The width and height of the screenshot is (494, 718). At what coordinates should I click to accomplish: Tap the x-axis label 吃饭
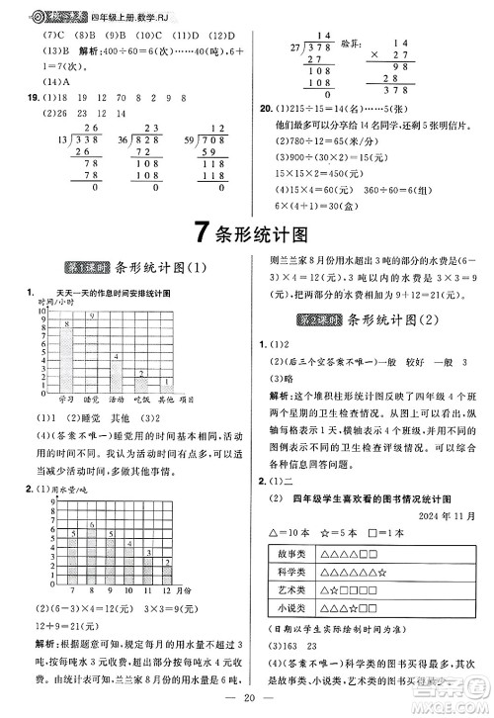click(141, 399)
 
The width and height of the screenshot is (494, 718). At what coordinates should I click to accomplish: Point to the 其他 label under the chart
click(165, 399)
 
